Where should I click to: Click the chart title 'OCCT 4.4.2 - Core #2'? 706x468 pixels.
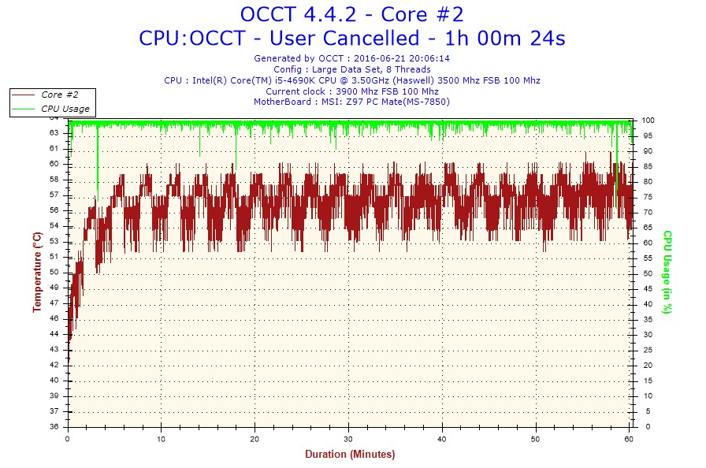click(x=351, y=14)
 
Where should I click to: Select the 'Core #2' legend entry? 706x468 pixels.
click(x=59, y=95)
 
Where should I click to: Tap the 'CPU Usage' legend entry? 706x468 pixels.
click(x=65, y=109)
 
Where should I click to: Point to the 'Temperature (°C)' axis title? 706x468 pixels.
click(x=37, y=272)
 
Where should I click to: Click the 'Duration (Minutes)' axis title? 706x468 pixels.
click(x=350, y=455)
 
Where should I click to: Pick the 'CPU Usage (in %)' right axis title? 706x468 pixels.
click(x=667, y=272)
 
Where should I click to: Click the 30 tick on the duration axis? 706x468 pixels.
click(x=348, y=438)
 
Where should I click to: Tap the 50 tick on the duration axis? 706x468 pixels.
click(x=536, y=438)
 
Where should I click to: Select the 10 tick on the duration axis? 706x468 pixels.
click(x=162, y=438)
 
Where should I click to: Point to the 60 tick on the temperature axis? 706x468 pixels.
click(x=54, y=164)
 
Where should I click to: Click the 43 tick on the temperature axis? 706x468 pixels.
click(x=54, y=349)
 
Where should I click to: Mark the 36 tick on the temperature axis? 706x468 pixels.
click(x=54, y=426)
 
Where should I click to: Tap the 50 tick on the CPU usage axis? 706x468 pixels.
click(x=646, y=273)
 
